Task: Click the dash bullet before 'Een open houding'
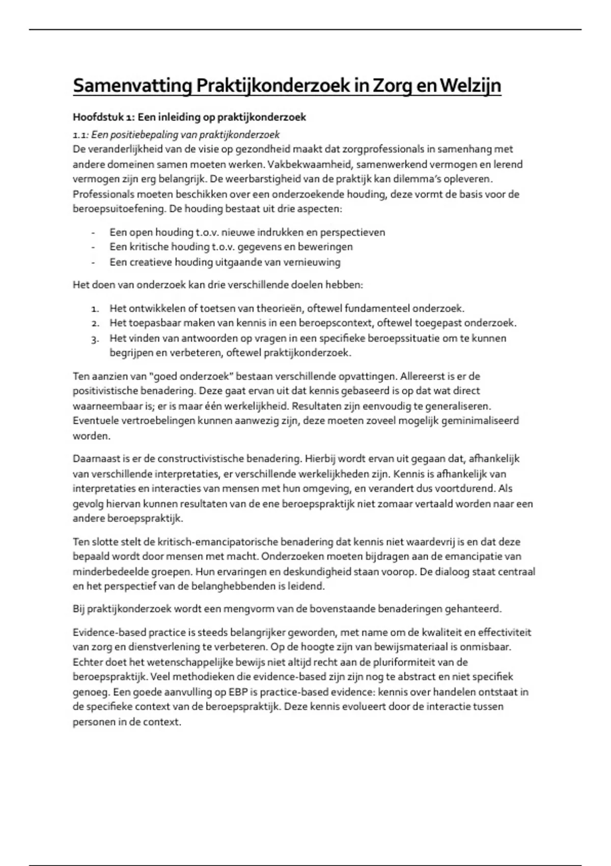tap(93, 232)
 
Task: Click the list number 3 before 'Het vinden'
tap(95, 338)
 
